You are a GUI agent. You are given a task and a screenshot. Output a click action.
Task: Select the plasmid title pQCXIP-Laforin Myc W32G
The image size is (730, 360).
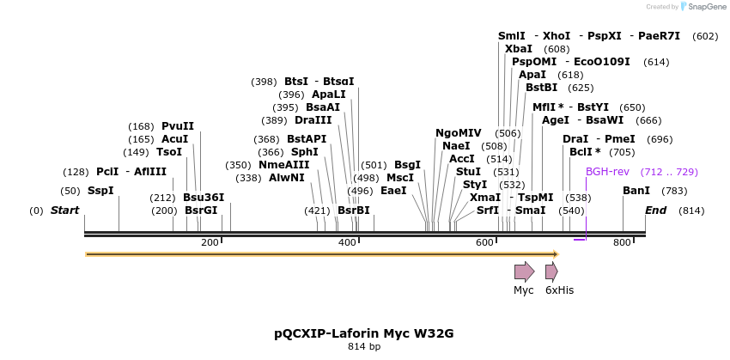(363, 333)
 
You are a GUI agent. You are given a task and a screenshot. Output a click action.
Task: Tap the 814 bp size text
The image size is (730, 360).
(363, 346)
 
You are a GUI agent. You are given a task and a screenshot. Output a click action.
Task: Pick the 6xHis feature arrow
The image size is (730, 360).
(551, 272)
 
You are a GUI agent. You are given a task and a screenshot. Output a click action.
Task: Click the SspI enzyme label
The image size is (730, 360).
(100, 191)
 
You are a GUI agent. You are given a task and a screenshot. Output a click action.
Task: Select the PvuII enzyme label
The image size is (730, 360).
(178, 126)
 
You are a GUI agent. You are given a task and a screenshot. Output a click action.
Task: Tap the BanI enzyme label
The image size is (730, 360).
(636, 191)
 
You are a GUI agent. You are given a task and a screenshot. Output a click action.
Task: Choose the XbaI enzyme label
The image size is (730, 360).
(519, 49)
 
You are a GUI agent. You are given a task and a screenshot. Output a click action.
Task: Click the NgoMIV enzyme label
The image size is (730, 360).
(459, 133)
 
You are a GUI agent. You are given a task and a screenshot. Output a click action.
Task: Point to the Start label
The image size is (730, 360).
(64, 211)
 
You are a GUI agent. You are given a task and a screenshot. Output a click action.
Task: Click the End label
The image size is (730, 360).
(655, 211)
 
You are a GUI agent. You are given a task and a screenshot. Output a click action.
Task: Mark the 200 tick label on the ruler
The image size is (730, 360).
(210, 243)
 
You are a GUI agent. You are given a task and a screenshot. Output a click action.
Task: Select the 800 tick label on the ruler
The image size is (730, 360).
(623, 243)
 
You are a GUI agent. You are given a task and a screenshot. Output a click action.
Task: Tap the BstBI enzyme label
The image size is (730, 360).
(542, 88)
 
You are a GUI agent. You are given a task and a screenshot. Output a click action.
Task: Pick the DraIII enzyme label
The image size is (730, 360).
(313, 120)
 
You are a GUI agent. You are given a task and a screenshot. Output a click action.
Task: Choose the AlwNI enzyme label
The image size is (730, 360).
(287, 178)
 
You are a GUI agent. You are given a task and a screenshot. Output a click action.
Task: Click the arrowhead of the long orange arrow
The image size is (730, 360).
(556, 254)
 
